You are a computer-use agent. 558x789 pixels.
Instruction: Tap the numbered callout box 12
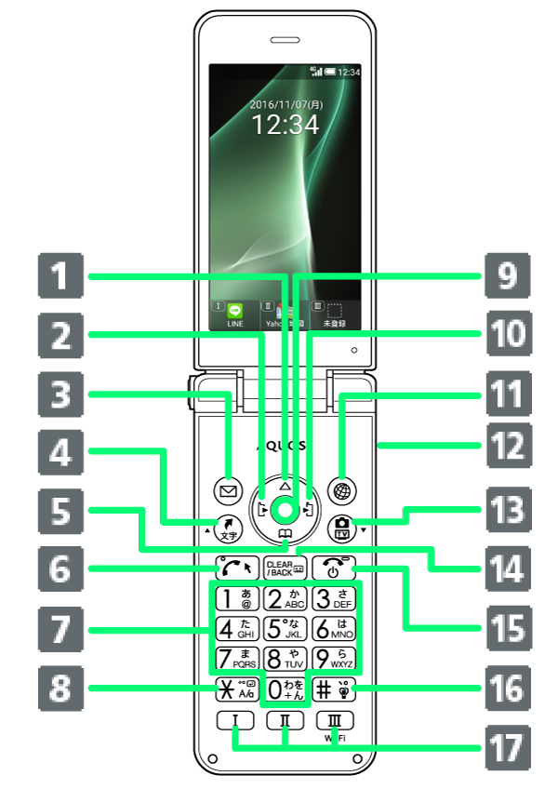508,447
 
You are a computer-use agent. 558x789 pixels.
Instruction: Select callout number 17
508,746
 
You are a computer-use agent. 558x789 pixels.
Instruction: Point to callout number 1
61,276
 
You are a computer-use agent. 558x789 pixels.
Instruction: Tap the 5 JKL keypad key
285,628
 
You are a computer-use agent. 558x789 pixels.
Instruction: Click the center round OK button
285,509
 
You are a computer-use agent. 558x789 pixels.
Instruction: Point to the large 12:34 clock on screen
286,126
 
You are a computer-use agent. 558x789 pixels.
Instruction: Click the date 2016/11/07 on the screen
286,104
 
